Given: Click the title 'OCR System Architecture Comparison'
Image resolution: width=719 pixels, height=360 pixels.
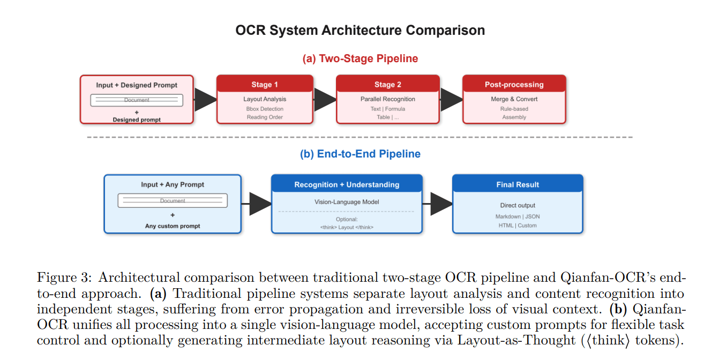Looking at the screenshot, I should pyautogui.click(x=360, y=30).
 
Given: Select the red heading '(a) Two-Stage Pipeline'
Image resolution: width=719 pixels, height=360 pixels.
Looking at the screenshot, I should pyautogui.click(x=360, y=58).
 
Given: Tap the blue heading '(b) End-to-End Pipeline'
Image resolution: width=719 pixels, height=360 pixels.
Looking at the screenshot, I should pyautogui.click(x=360, y=154).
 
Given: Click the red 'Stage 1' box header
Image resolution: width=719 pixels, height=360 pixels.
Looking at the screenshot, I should pyautogui.click(x=265, y=84).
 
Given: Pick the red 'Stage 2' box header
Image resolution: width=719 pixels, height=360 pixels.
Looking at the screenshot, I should pyautogui.click(x=388, y=84).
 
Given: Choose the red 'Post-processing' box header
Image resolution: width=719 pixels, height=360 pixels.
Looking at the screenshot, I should pyautogui.click(x=514, y=84).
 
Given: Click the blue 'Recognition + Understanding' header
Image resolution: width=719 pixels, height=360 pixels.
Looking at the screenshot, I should pyautogui.click(x=347, y=184).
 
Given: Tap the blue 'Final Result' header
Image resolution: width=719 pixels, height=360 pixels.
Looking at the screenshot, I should pyautogui.click(x=518, y=184).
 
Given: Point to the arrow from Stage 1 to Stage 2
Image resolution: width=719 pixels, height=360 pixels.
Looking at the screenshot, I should pyautogui.click(x=325, y=99).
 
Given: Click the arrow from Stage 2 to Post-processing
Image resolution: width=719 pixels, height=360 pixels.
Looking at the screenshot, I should pyautogui.click(x=451, y=99).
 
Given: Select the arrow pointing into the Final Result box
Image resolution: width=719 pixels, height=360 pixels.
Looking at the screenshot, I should pyautogui.click(x=440, y=204).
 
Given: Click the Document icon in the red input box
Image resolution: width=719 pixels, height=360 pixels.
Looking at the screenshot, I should pyautogui.click(x=137, y=100).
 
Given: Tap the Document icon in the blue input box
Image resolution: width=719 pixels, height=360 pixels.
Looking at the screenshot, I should pyautogui.click(x=173, y=201).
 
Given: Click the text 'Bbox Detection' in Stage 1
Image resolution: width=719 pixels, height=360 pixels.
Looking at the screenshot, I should pyautogui.click(x=265, y=109).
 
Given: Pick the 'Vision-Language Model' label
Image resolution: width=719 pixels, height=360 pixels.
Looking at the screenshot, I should pyautogui.click(x=347, y=202).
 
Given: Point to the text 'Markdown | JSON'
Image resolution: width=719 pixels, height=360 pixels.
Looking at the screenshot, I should pyautogui.click(x=518, y=216).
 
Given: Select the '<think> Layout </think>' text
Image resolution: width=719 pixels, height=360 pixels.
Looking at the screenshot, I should pyautogui.click(x=347, y=227).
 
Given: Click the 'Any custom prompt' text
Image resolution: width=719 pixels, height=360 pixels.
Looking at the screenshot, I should pyautogui.click(x=173, y=226).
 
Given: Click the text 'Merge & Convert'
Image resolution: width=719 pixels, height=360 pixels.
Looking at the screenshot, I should pyautogui.click(x=514, y=99).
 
